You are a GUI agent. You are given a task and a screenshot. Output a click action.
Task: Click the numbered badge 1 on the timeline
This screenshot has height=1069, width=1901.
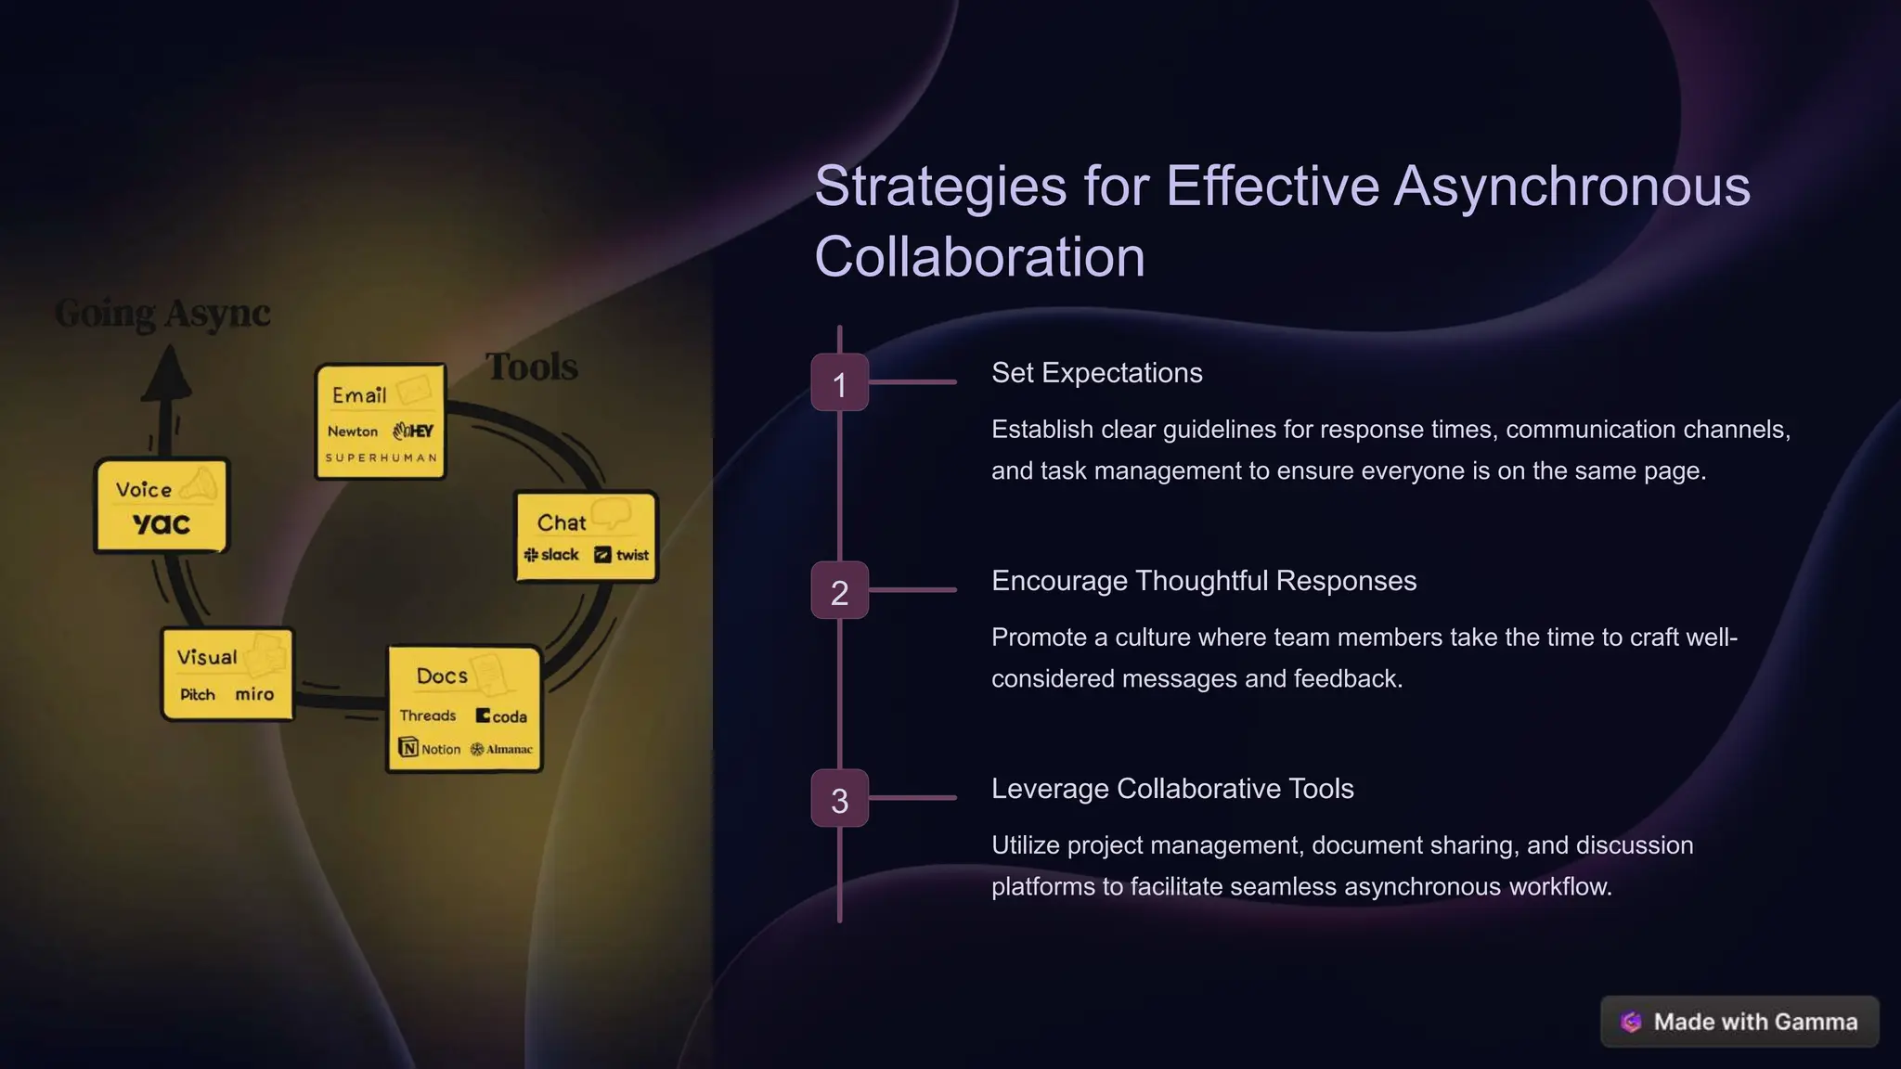coord(839,382)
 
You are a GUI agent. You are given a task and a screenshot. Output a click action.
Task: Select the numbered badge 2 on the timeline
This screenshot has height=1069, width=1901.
coord(839,590)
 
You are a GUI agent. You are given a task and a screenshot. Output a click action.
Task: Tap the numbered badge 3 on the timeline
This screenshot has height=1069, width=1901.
coord(839,798)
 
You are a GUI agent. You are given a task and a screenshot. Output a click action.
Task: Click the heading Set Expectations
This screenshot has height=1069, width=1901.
coord(1096,373)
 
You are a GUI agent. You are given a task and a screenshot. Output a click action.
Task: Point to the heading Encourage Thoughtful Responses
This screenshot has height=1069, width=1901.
coord(1203,581)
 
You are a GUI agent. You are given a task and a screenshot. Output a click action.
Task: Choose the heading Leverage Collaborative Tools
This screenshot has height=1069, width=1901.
coord(1171,789)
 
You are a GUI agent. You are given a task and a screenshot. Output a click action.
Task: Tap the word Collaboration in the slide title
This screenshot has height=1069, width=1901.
coord(979,256)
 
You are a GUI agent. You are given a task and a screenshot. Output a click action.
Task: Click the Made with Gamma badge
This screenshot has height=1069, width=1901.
coord(1739,1022)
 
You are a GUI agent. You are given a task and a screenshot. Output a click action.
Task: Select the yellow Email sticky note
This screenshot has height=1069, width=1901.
coord(381,421)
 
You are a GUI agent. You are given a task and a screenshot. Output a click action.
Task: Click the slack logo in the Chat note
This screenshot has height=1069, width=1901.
coord(551,555)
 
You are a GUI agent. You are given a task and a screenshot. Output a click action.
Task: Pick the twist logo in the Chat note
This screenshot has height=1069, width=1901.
coord(622,555)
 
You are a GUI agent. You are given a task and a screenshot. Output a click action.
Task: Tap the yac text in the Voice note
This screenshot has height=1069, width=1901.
coord(162,523)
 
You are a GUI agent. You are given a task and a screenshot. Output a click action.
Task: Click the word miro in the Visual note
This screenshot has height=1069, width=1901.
coord(254,694)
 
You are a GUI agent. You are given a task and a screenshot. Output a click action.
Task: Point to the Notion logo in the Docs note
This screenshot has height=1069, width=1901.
coord(430,749)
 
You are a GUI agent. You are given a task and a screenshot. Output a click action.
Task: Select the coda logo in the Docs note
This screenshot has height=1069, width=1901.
coord(501,716)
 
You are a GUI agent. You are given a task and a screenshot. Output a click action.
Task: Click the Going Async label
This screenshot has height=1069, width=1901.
coord(162,314)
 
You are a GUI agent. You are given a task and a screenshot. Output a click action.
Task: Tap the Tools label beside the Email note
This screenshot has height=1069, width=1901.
coord(532,367)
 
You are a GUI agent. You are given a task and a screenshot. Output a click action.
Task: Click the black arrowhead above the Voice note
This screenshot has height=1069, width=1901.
coord(167,375)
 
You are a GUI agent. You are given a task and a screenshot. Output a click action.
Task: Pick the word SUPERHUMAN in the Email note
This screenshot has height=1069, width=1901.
coord(381,457)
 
